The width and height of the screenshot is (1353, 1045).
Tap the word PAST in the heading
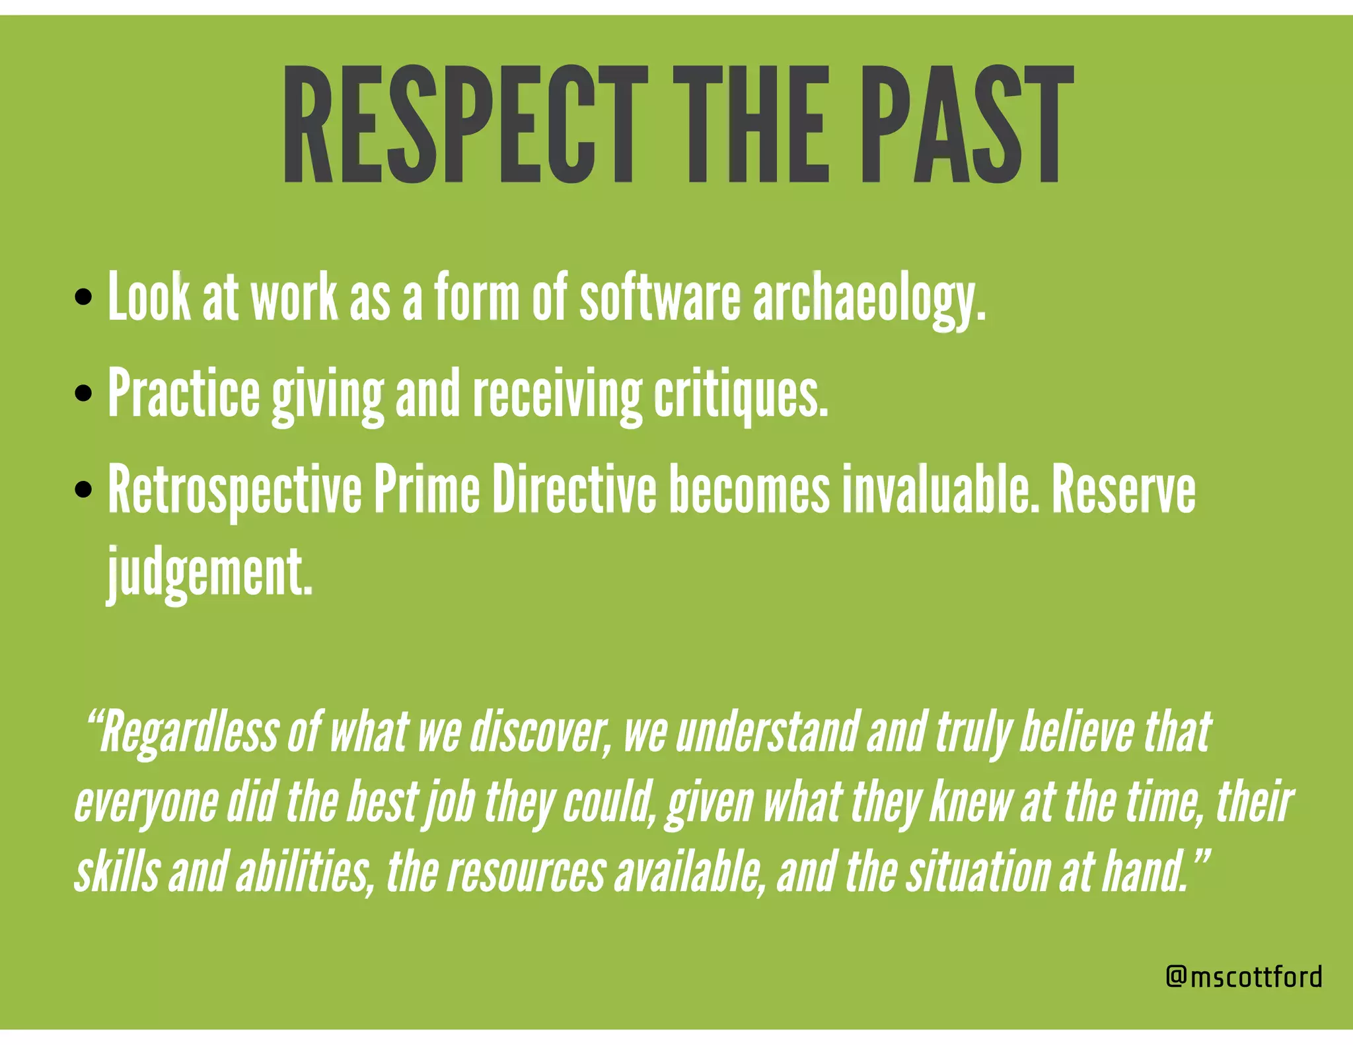(x=967, y=124)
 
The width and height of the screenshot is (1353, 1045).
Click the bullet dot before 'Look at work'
(x=83, y=297)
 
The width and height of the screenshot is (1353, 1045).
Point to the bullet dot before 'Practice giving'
(x=83, y=394)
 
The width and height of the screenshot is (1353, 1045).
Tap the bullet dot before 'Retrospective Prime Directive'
(x=83, y=490)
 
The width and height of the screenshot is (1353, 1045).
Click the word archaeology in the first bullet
(x=868, y=299)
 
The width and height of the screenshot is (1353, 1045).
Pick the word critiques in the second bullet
(x=741, y=396)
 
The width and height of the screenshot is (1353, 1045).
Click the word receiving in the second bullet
(x=557, y=396)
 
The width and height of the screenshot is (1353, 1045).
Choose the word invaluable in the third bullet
(x=935, y=490)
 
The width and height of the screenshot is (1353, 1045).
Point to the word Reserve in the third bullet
(x=1123, y=490)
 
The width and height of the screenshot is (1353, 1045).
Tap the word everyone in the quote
(x=146, y=803)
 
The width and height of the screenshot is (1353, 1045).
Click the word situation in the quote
(x=978, y=871)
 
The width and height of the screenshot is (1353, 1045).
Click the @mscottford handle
(x=1244, y=976)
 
